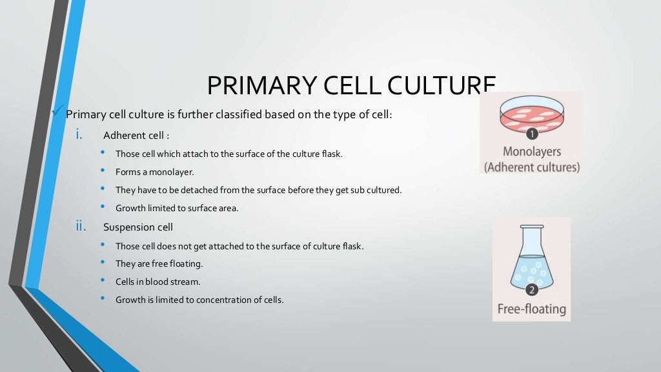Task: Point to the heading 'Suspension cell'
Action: (x=137, y=227)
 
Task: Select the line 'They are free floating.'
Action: (x=159, y=263)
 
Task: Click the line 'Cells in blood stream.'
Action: (x=158, y=282)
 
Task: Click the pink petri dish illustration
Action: (x=531, y=115)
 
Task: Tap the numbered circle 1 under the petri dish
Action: (x=532, y=134)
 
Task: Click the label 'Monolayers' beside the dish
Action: (x=532, y=152)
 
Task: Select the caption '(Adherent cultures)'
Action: (x=532, y=167)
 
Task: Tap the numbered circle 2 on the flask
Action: (x=532, y=289)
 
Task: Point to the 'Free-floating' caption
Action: (x=531, y=309)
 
